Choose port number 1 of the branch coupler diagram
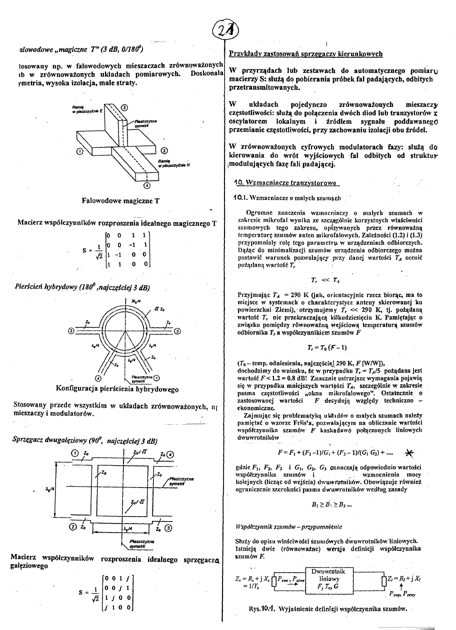click(75, 454)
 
